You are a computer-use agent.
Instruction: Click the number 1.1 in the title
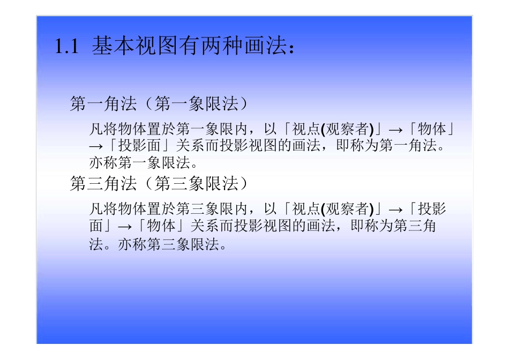66,48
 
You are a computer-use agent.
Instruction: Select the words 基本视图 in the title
124,47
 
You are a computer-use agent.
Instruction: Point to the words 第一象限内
211,129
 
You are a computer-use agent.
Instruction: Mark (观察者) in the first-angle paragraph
347,129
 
